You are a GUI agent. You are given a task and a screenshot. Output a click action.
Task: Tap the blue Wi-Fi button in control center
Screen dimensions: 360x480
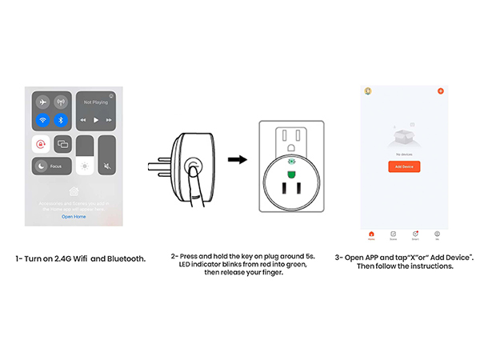pyautogui.click(x=43, y=120)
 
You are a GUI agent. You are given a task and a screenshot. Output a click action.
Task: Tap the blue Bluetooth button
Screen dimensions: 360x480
pyautogui.click(x=62, y=120)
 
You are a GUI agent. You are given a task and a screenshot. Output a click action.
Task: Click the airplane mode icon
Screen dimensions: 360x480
pyautogui.click(x=43, y=102)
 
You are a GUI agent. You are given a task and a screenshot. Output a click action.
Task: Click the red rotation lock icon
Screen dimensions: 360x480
pyautogui.click(x=41, y=144)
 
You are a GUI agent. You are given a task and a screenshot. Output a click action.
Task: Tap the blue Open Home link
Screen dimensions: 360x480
pyautogui.click(x=74, y=217)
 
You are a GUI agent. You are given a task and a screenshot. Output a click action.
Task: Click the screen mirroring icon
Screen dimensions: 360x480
pyautogui.click(x=62, y=144)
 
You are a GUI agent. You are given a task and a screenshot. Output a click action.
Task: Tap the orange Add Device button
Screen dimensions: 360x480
pyautogui.click(x=404, y=166)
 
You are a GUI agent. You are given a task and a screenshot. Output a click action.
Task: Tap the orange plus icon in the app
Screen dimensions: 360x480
pyautogui.click(x=440, y=91)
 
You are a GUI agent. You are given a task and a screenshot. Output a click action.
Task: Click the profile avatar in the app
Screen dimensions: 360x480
pyautogui.click(x=368, y=91)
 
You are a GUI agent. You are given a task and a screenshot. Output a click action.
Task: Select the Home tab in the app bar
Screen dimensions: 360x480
pyautogui.click(x=371, y=234)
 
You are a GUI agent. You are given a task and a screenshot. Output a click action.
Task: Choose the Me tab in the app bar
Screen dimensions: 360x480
pyautogui.click(x=438, y=234)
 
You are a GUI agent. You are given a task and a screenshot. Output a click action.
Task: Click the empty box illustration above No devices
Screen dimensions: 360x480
pyautogui.click(x=404, y=136)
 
